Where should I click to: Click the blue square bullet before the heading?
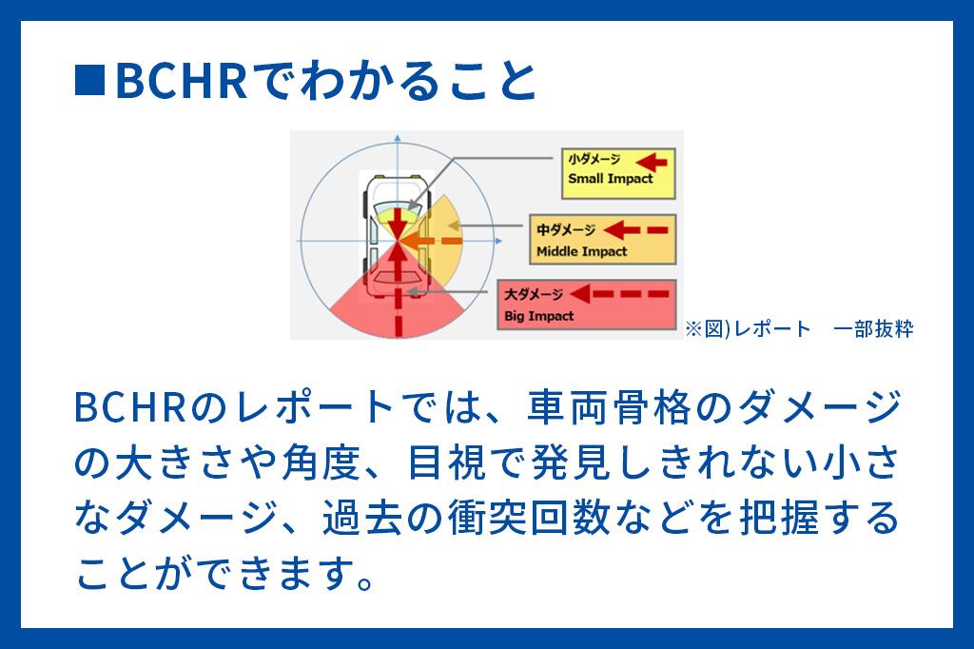(x=89, y=80)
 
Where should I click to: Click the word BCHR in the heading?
(x=182, y=81)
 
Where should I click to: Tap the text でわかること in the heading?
(x=395, y=81)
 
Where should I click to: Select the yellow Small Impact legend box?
(x=618, y=173)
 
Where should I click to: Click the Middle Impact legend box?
(x=602, y=240)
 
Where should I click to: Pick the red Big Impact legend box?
(x=587, y=305)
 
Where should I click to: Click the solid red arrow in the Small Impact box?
(x=652, y=162)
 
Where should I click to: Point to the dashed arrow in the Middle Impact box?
(x=635, y=230)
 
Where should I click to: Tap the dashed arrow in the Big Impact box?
(x=619, y=293)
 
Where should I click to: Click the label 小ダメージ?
(x=594, y=160)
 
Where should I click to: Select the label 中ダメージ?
(x=566, y=230)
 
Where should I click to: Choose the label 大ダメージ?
(x=534, y=294)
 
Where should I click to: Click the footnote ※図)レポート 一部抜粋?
(x=799, y=328)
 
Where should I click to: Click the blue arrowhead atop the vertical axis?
(x=398, y=137)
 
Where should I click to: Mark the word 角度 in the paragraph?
(x=321, y=463)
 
